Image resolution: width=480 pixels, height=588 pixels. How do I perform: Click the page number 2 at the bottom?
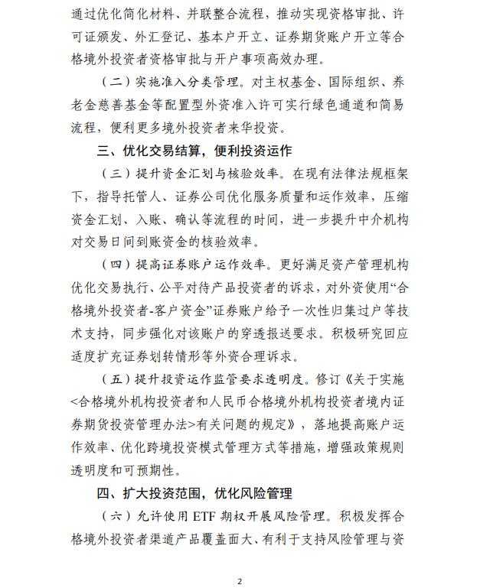(x=239, y=581)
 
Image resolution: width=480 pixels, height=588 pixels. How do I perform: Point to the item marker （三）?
(x=114, y=175)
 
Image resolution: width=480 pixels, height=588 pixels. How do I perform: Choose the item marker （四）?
(x=114, y=265)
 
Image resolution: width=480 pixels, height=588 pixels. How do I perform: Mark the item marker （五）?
(x=114, y=380)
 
